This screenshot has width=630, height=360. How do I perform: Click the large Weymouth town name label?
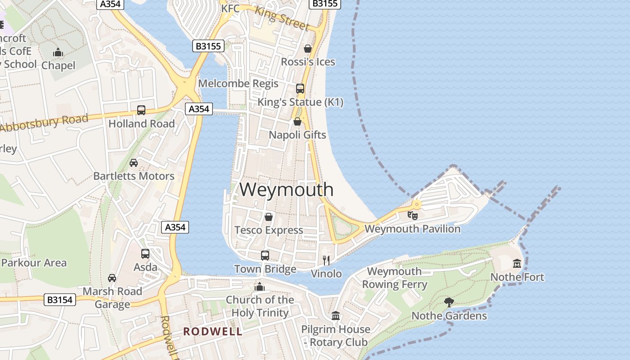tap(286, 189)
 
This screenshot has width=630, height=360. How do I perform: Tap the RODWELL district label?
tap(212, 332)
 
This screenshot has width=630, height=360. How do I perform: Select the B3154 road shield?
tap(60, 300)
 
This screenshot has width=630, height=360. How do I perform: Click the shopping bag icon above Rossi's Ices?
tap(308, 49)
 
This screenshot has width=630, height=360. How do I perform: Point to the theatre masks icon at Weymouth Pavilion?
tap(412, 215)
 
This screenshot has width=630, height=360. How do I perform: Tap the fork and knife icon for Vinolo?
tap(327, 260)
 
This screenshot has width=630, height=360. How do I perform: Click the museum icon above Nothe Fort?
tap(517, 263)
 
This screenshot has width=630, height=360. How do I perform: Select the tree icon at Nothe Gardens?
tap(449, 302)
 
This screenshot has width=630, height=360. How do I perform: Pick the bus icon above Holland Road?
tap(141, 110)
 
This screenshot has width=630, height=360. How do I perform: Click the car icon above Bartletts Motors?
tap(134, 162)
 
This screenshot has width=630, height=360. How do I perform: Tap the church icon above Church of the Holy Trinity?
tap(260, 286)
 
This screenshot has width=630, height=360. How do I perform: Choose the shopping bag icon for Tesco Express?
tap(269, 217)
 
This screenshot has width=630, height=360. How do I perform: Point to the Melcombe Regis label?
tap(238, 84)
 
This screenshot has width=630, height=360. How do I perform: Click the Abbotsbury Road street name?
tap(44, 123)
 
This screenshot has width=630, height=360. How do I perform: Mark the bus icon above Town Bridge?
tap(265, 256)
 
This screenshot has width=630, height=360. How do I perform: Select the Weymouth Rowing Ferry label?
tap(394, 278)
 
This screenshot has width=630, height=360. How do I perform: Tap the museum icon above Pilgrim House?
tap(336, 316)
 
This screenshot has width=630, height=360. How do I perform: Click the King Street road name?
tap(282, 18)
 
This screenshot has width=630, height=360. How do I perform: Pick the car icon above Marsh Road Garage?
tap(112, 278)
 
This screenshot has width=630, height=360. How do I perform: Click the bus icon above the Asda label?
tap(145, 254)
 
